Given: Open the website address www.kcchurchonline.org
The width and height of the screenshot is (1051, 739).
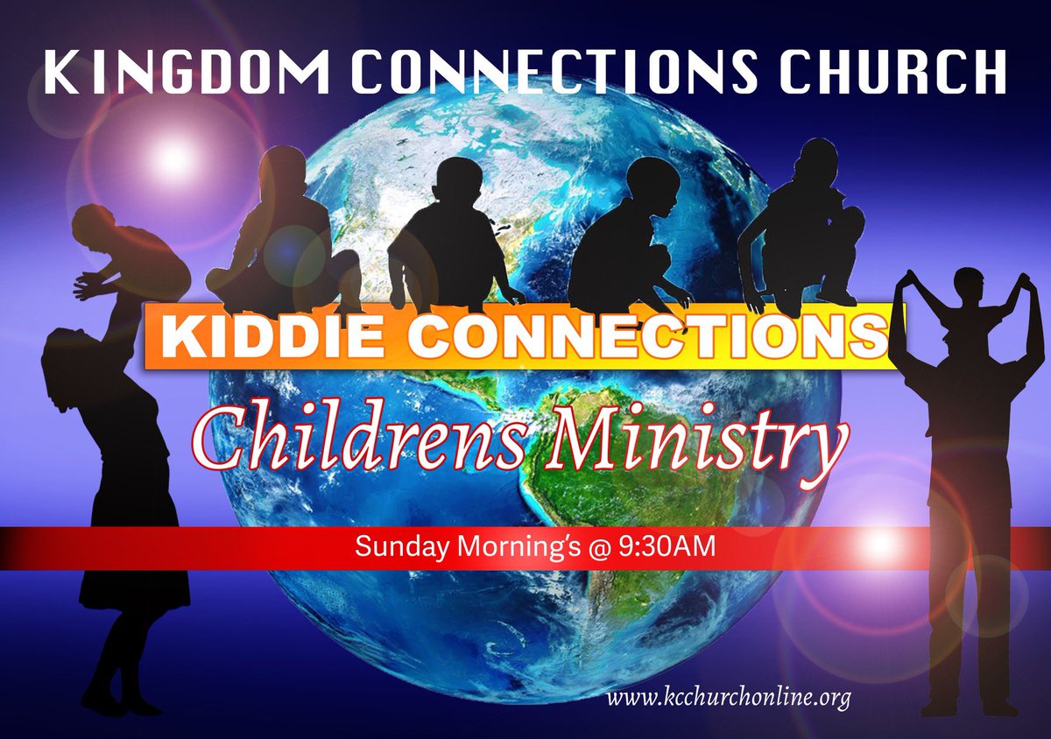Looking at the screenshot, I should [729, 700].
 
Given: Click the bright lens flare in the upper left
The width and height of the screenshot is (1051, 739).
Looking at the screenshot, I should [173, 158].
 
